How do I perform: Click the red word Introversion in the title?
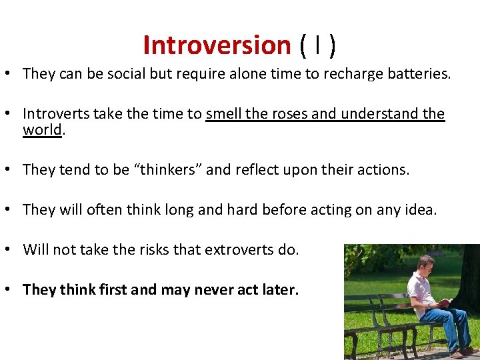click(x=217, y=45)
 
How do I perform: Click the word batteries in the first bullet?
click(x=417, y=73)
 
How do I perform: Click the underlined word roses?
click(x=289, y=114)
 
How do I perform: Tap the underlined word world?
click(x=42, y=129)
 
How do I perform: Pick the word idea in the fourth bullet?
click(x=420, y=210)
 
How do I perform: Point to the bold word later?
click(x=280, y=290)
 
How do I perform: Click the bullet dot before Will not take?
click(x=13, y=250)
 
